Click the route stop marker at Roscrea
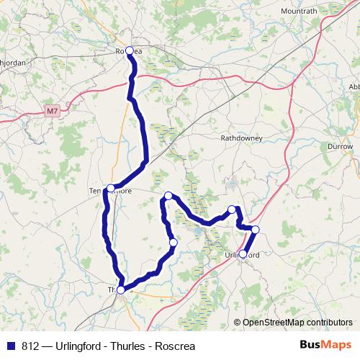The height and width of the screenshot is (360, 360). click(130, 50)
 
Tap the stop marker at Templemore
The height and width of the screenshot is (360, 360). click(110, 188)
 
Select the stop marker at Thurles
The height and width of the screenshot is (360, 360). click(121, 289)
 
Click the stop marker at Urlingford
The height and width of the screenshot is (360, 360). click(243, 254)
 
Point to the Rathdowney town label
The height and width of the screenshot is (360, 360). click(241, 137)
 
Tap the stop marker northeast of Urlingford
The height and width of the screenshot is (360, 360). click(255, 230)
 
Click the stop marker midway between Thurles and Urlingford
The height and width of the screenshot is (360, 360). click(173, 243)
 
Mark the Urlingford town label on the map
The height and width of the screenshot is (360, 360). click(246, 255)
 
